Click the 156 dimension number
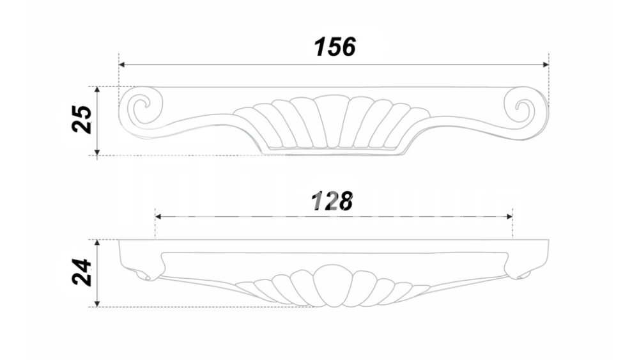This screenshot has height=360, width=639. (x=335, y=47)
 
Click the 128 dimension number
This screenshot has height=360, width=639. (x=332, y=201)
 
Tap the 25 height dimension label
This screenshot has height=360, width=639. (x=82, y=119)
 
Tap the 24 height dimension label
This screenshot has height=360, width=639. (x=82, y=272)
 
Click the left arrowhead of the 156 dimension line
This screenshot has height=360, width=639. (x=121, y=65)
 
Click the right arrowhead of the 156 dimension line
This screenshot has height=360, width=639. (x=546, y=65)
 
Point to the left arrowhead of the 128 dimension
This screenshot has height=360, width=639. (x=158, y=217)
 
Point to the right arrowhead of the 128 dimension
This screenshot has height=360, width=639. (x=509, y=217)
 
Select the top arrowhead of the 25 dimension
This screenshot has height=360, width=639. (x=97, y=90)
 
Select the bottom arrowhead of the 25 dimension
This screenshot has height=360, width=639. (x=97, y=152)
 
